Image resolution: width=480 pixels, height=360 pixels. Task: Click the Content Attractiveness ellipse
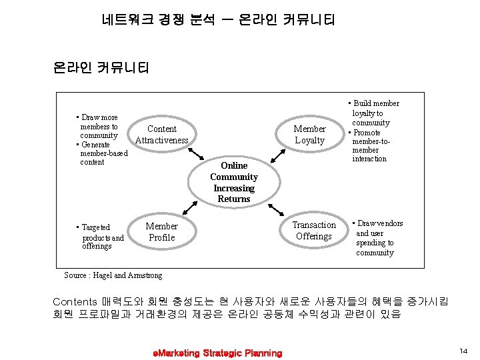point(162,134)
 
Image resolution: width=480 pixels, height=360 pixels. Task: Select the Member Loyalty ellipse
point(309,134)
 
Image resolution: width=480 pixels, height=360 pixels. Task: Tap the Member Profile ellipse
point(162,231)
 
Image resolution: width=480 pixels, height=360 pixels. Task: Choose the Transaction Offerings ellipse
point(313,231)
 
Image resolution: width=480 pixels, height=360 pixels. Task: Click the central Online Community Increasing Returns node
point(234,182)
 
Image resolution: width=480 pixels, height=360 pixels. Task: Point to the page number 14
point(463,351)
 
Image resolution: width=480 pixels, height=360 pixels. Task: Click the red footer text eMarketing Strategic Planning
point(217,353)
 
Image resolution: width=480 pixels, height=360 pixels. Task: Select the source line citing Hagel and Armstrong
point(113,275)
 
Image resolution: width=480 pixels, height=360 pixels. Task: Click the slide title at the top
point(219,20)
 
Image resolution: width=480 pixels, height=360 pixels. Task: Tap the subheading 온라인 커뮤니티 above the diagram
point(101,68)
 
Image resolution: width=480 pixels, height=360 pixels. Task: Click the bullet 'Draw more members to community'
point(98,127)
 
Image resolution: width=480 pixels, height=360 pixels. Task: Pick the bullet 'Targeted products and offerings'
point(101,237)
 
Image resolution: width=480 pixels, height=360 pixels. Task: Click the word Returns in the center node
point(234,199)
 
